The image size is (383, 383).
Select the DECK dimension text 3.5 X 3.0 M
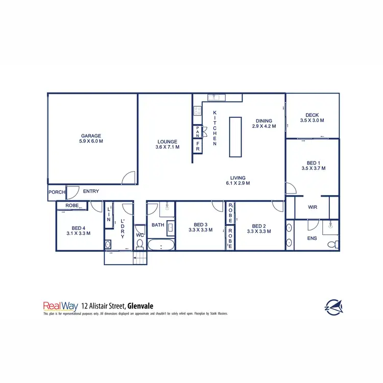point(312,121)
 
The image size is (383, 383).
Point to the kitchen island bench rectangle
point(235,137)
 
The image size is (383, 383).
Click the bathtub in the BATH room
point(161,246)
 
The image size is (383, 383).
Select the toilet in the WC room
point(140,243)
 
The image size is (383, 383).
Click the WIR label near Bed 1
point(314,207)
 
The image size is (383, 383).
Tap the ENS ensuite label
point(312,238)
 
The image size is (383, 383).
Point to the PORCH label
point(56,192)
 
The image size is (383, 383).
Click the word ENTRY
point(91,192)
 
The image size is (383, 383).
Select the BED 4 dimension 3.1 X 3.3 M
point(78,233)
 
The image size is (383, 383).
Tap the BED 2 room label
point(258,226)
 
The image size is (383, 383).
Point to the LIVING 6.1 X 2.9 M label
point(238,180)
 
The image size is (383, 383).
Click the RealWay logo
point(60,306)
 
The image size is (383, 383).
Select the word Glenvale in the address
point(141,306)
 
